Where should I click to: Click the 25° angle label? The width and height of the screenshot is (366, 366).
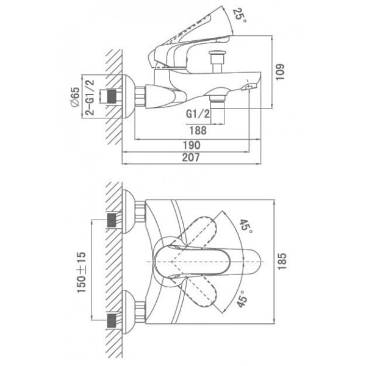(x=240, y=15)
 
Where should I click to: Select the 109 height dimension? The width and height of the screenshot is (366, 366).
(x=280, y=72)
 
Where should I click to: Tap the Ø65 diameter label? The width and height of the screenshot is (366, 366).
(x=75, y=97)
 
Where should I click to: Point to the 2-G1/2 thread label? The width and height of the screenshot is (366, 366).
(x=90, y=98)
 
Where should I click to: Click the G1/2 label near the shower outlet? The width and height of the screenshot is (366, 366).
(x=198, y=113)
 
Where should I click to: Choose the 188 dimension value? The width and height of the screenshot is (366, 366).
(x=198, y=131)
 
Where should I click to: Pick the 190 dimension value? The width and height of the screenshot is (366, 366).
(x=192, y=145)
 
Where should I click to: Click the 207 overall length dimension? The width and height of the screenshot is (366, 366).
(x=191, y=157)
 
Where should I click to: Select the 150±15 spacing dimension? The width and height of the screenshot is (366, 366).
(x=82, y=273)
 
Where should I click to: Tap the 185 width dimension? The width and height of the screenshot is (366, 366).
(x=282, y=261)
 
